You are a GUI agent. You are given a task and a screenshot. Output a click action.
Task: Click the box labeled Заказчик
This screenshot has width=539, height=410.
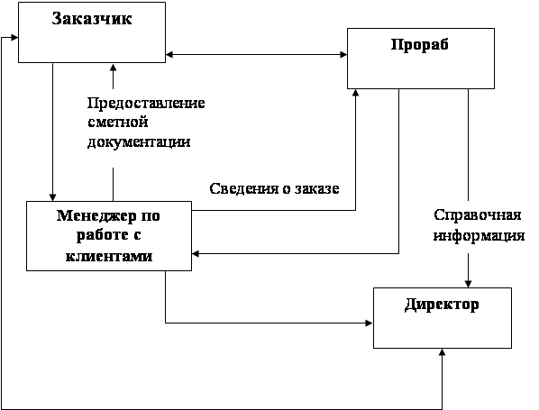[92, 32]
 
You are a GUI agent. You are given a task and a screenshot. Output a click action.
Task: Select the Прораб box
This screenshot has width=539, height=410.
[421, 59]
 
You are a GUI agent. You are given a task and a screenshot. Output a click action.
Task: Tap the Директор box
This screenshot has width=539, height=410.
[443, 318]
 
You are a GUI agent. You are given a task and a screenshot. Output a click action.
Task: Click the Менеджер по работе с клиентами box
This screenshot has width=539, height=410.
[109, 236]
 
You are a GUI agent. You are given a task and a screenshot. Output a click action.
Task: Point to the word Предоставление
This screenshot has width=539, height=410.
[146, 103]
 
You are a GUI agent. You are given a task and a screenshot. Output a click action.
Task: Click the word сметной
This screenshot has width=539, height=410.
[118, 122]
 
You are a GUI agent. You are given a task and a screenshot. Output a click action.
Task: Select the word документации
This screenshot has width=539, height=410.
[139, 142]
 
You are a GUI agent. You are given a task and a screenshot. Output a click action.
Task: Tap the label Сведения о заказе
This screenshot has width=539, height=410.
[274, 188]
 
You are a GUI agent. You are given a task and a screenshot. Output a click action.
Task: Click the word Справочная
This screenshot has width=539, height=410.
[478, 215]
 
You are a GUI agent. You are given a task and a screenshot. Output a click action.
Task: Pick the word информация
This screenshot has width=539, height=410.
[479, 236]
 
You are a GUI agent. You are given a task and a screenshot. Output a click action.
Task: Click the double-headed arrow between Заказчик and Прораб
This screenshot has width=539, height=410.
[257, 54]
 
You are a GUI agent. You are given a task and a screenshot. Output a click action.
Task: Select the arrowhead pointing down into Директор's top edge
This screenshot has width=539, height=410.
[468, 284]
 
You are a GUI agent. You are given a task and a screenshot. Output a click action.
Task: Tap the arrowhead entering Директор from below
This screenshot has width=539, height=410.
[443, 352]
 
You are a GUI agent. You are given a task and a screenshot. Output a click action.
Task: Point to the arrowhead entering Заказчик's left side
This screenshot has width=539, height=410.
[14, 37]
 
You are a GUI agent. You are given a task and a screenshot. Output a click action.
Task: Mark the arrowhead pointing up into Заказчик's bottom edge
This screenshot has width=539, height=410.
[113, 68]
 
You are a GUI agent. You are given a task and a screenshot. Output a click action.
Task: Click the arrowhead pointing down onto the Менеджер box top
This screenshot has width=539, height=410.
[52, 197]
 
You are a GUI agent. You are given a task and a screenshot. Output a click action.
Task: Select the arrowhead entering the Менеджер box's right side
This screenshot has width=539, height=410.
[196, 253]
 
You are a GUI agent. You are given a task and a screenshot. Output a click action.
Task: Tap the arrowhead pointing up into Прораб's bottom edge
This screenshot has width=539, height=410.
[356, 93]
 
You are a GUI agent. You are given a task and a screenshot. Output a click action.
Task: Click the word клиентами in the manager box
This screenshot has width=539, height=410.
[109, 257]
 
